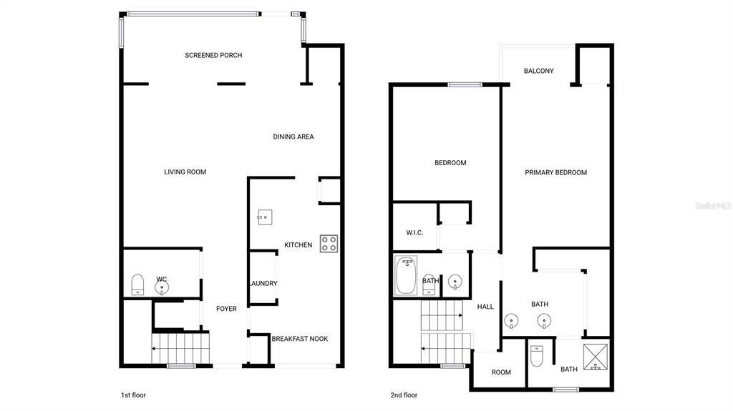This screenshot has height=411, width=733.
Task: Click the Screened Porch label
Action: click(x=213, y=56)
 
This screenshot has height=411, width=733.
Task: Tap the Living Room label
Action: click(x=185, y=172)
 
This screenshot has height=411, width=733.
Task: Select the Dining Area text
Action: click(x=293, y=137)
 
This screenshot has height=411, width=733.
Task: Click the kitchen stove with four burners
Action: click(x=329, y=244)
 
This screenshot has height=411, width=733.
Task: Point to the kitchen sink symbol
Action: click(x=263, y=217)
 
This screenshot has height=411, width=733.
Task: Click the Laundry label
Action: click(x=263, y=284)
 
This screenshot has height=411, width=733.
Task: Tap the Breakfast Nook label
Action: click(x=299, y=339)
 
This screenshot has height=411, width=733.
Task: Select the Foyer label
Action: click(x=226, y=310)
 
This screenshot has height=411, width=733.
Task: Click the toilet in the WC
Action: click(x=139, y=284)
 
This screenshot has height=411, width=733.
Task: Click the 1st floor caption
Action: click(x=133, y=395)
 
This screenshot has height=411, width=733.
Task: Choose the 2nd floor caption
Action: click(x=404, y=395)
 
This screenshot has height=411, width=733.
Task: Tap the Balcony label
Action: click(x=539, y=71)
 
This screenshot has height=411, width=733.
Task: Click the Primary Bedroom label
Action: click(x=555, y=173)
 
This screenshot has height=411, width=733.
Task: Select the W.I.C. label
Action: click(x=414, y=233)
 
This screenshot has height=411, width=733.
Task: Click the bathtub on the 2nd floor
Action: click(x=407, y=276)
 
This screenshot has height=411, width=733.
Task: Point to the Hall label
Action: click(x=485, y=307)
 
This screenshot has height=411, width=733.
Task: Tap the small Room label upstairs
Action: click(x=501, y=372)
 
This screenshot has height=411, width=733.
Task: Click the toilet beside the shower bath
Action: click(x=537, y=355)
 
